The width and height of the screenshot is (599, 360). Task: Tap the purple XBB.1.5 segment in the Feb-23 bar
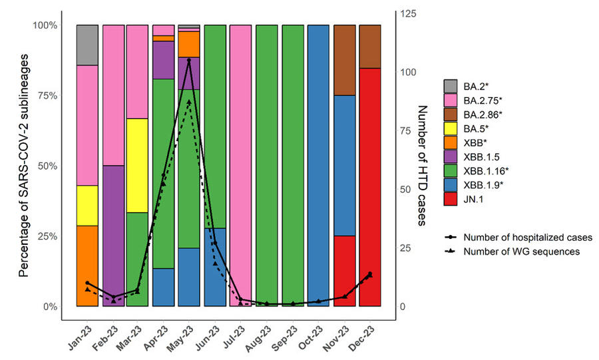113,236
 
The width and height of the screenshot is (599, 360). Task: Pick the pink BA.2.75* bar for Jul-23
241,166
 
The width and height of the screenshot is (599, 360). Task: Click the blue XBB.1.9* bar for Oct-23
319,166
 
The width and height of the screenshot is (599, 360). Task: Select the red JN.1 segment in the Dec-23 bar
370,187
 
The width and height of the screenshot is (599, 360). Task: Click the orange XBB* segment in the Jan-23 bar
87,266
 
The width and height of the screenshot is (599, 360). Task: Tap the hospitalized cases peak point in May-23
189,61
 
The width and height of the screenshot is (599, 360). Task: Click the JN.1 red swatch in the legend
451,198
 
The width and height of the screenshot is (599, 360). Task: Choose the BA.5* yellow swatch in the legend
451,128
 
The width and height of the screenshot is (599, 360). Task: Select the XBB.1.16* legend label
484,170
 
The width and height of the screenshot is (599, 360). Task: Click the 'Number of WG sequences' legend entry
521,252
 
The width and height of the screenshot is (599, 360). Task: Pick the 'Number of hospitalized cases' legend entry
528,238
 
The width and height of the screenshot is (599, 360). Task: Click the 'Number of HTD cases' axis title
421,165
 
